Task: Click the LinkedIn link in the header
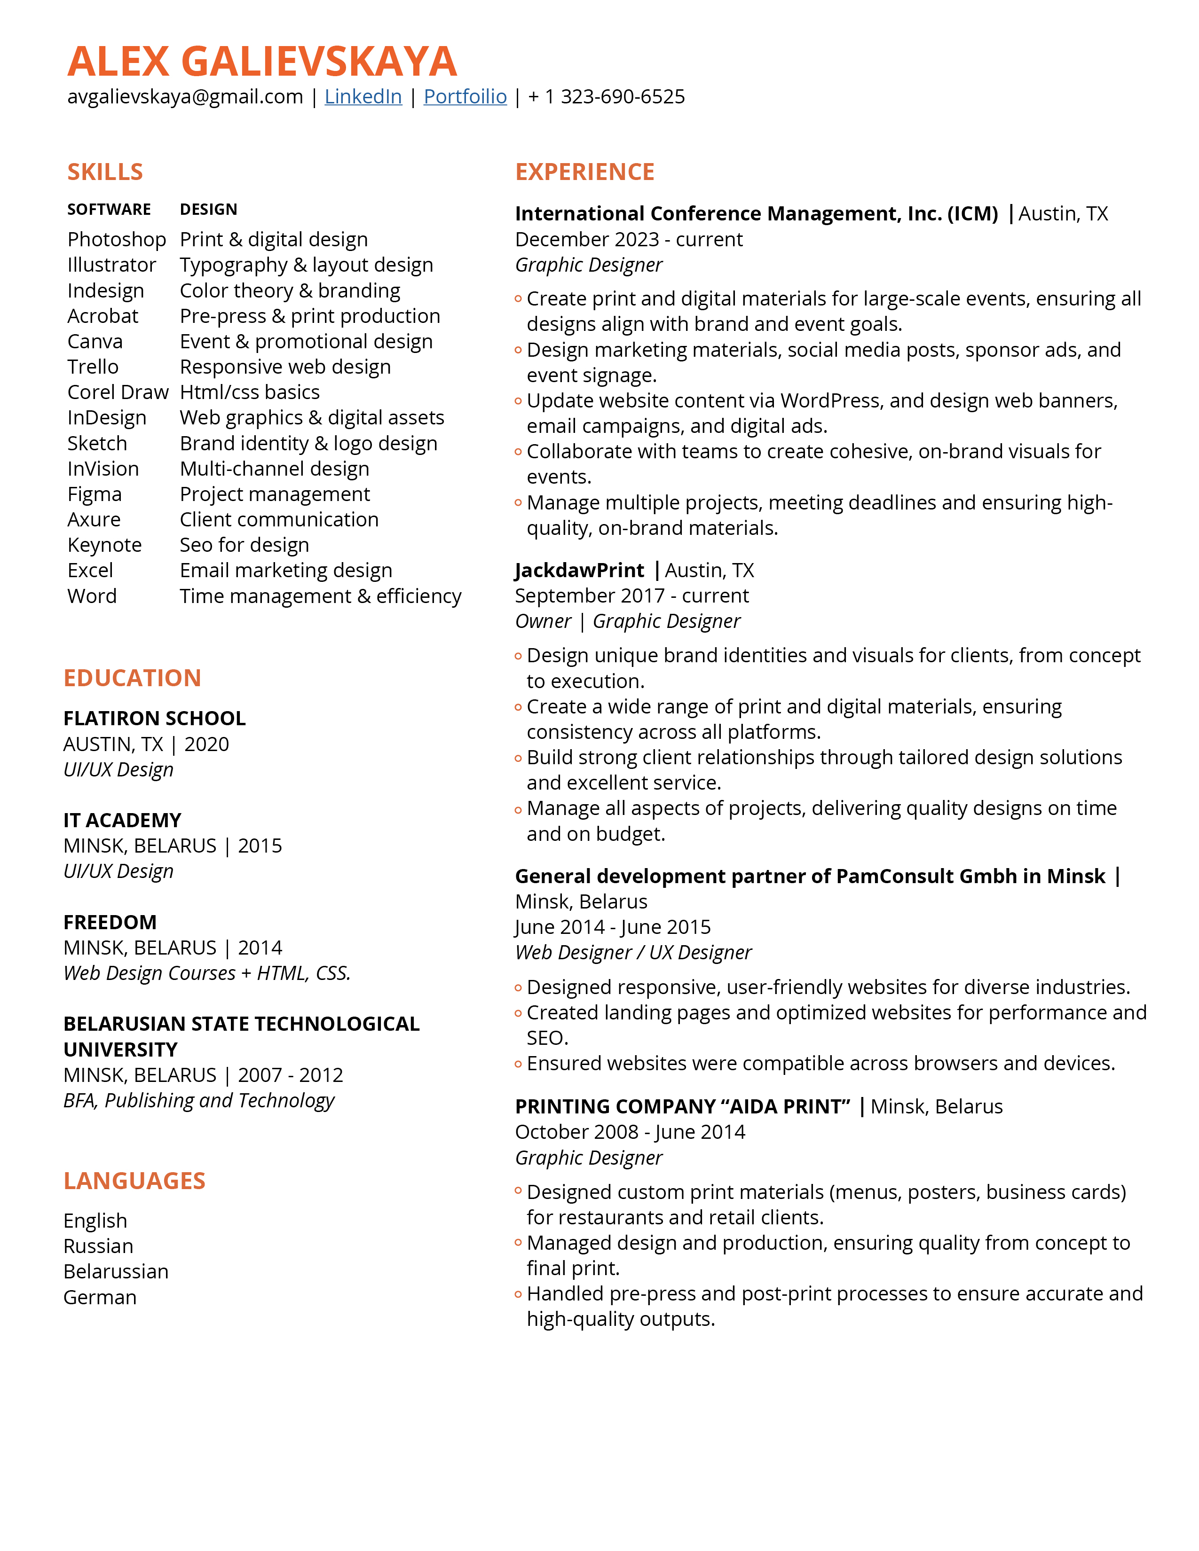[x=363, y=96]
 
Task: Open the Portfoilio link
[x=465, y=96]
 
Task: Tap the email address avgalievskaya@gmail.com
[x=185, y=96]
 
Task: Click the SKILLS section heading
[x=105, y=172]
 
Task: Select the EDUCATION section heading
[x=132, y=678]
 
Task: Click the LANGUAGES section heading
[x=134, y=1181]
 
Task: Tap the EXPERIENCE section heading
[x=584, y=172]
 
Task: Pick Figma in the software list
[x=95, y=494]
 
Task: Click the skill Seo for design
[x=245, y=545]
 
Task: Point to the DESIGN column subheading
[x=208, y=210]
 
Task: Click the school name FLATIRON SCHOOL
[x=154, y=719]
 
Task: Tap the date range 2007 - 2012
[x=291, y=1075]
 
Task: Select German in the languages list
[x=100, y=1298]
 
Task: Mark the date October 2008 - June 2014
[x=630, y=1132]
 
